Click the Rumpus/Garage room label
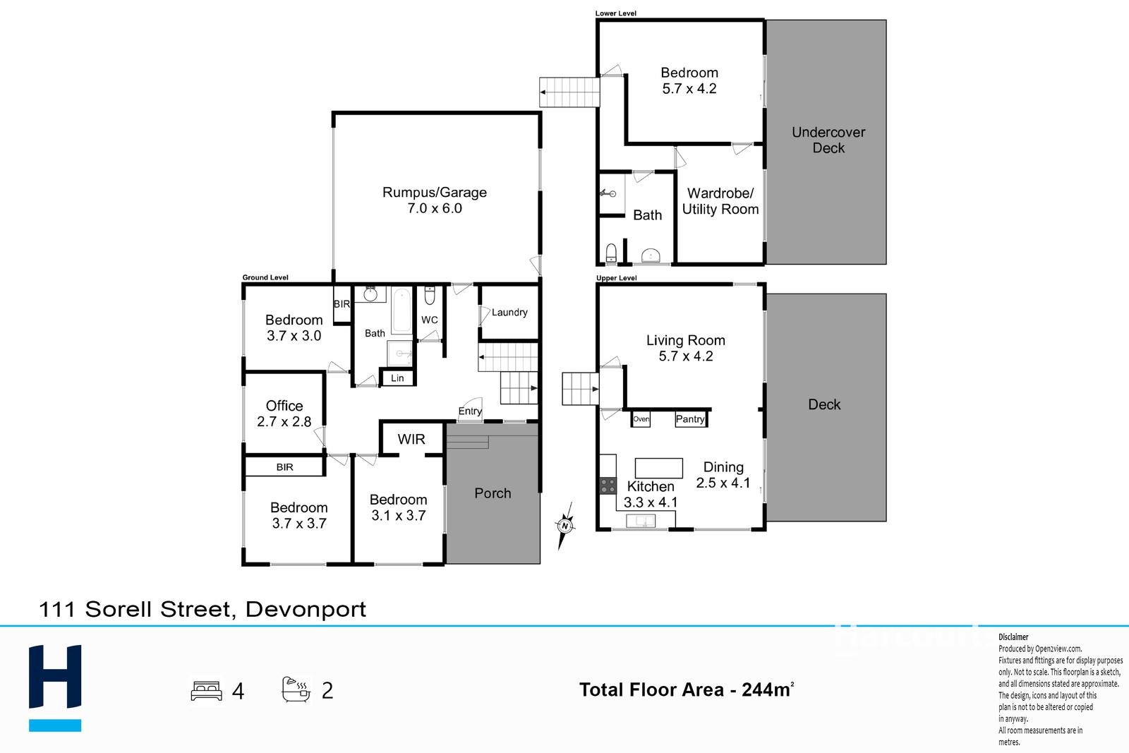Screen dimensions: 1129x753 (435, 200)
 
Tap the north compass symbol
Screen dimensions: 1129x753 (565, 526)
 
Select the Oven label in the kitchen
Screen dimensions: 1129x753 (641, 418)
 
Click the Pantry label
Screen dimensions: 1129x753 (690, 418)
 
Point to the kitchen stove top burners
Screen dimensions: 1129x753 (608, 486)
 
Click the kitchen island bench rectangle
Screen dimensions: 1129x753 (659, 468)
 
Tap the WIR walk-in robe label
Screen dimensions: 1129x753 (411, 439)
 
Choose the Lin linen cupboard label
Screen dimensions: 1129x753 (397, 378)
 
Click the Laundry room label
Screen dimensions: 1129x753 (509, 313)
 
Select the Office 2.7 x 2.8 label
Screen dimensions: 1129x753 (284, 414)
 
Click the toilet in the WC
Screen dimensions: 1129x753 (430, 296)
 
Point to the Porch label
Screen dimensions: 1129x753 (493, 493)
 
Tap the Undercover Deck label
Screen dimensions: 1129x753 (828, 140)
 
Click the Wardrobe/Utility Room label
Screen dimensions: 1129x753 (720, 201)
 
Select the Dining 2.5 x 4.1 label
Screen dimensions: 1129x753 (723, 475)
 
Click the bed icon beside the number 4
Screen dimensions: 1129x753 (206, 690)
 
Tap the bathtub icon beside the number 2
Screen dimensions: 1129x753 (296, 689)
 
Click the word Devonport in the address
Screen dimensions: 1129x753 (306, 609)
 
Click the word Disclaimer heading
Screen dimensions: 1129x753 (1013, 637)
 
